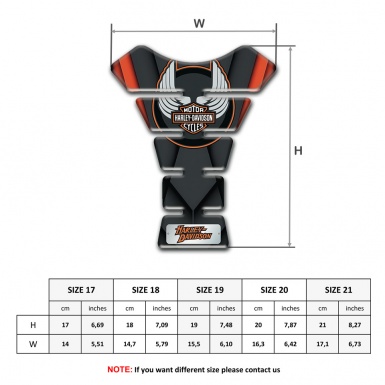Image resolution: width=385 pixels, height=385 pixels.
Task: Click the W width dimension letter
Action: point(200,22)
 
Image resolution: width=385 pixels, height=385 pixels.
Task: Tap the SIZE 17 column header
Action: point(81,289)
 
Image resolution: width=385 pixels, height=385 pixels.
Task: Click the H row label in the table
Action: point(33,326)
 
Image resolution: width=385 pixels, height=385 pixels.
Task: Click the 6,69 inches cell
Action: point(98,326)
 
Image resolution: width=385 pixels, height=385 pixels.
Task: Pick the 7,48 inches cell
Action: point(228,326)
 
